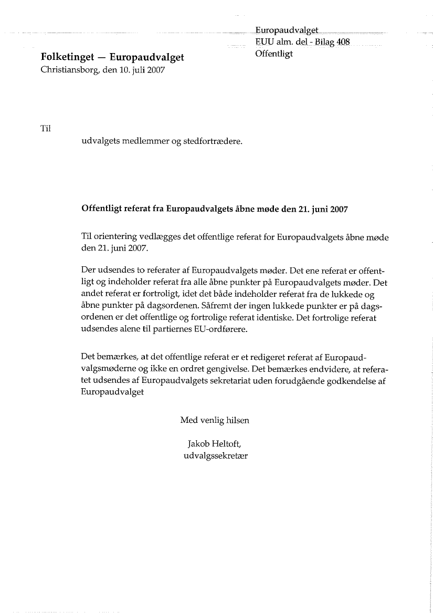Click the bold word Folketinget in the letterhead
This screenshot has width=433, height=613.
click(66, 57)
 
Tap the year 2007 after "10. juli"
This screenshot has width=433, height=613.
click(155, 70)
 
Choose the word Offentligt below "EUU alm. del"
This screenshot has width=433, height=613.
click(274, 54)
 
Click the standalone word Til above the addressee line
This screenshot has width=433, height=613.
click(45, 128)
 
